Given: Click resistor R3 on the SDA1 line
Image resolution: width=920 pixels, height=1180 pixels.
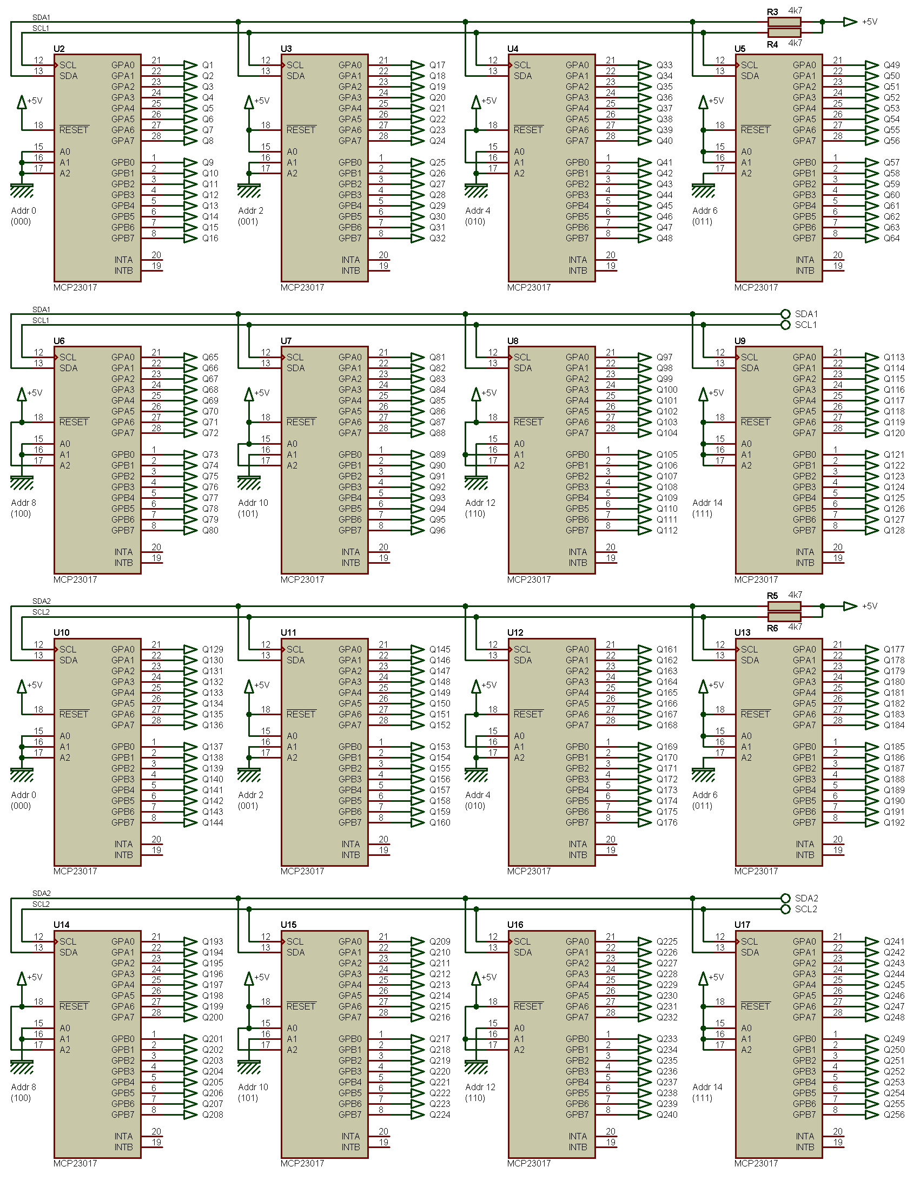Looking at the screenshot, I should pos(784,22).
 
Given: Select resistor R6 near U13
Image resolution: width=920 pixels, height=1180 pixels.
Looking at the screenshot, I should pos(784,617).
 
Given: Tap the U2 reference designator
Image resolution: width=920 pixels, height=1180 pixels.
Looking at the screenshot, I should pos(59,49).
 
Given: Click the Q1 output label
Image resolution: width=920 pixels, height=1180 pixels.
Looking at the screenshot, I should pos(208,65).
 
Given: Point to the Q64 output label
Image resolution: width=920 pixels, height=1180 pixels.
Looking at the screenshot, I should pos(891,238).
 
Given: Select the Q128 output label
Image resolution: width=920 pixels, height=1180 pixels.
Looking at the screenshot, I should pos(893,530).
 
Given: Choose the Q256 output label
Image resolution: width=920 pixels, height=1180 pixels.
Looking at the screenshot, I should pos(893,1115).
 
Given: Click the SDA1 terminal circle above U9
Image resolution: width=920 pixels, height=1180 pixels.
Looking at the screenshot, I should pos(785,314).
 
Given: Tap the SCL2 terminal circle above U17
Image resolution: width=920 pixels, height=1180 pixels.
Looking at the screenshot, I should pos(785,909).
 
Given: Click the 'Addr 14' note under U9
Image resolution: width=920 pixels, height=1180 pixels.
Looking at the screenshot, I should pos(707,503).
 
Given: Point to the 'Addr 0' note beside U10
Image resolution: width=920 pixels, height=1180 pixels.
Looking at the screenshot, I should pos(23,795).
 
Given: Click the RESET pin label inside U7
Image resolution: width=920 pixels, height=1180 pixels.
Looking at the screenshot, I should pos(301,422).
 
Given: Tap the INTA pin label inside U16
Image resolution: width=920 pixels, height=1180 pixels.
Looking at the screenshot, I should pos(577,1136).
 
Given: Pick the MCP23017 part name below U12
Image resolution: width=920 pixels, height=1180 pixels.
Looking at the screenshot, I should pos(528,871).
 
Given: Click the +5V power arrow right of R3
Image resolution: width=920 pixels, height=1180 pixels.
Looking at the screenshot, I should pos(850,22).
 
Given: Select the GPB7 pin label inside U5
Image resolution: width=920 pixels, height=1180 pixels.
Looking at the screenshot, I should pos(804,238).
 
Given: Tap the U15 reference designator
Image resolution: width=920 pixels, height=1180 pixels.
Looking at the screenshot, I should pos(288,925).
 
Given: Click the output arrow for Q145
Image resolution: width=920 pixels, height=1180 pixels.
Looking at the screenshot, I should pos(417,649).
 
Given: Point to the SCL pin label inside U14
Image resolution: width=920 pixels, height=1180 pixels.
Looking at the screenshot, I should pos(68,941).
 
